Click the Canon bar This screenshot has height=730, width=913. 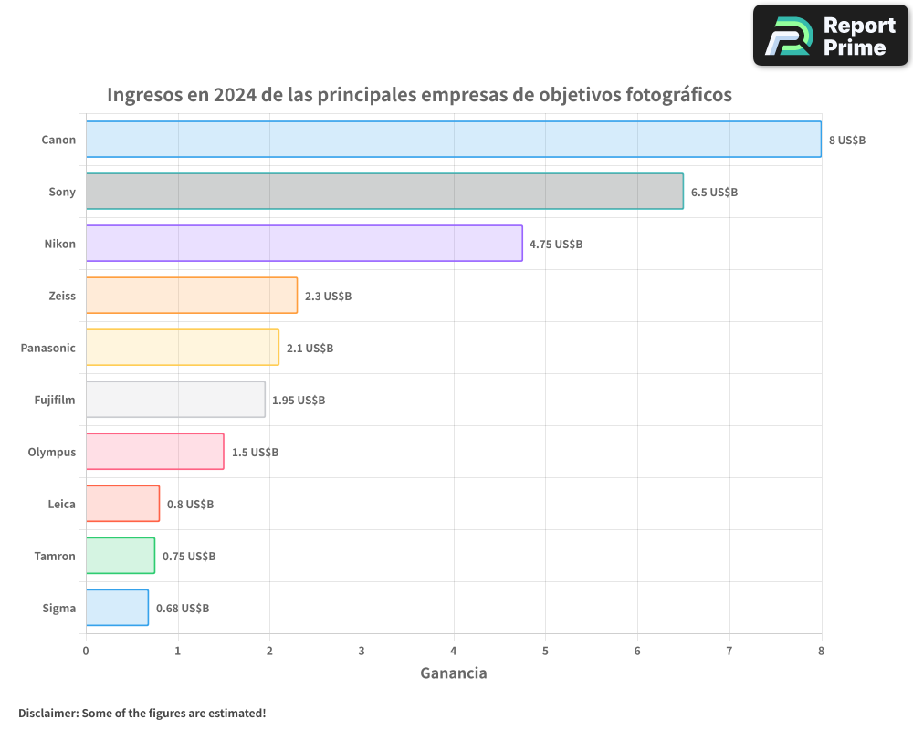[454, 139]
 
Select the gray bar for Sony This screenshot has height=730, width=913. [384, 191]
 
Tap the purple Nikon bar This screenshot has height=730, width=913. [304, 243]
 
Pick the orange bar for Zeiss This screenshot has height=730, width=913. [192, 295]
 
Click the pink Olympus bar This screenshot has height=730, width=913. [155, 451]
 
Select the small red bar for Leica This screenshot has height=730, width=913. [123, 503]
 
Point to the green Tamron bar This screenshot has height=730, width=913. [121, 555]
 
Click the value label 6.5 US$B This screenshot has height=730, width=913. [714, 192]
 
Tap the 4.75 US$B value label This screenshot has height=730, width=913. [556, 244]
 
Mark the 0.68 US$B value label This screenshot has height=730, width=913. [183, 608]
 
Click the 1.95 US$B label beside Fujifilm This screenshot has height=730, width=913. [299, 400]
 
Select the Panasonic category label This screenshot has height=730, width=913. [48, 348]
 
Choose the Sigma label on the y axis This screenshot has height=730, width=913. [59, 608]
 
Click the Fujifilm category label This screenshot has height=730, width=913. [55, 400]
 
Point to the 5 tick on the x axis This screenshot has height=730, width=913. [545, 651]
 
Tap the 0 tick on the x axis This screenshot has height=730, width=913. [86, 651]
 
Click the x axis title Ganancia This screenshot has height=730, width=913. [454, 673]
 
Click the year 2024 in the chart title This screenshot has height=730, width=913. [236, 95]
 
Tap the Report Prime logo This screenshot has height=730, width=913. [830, 36]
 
